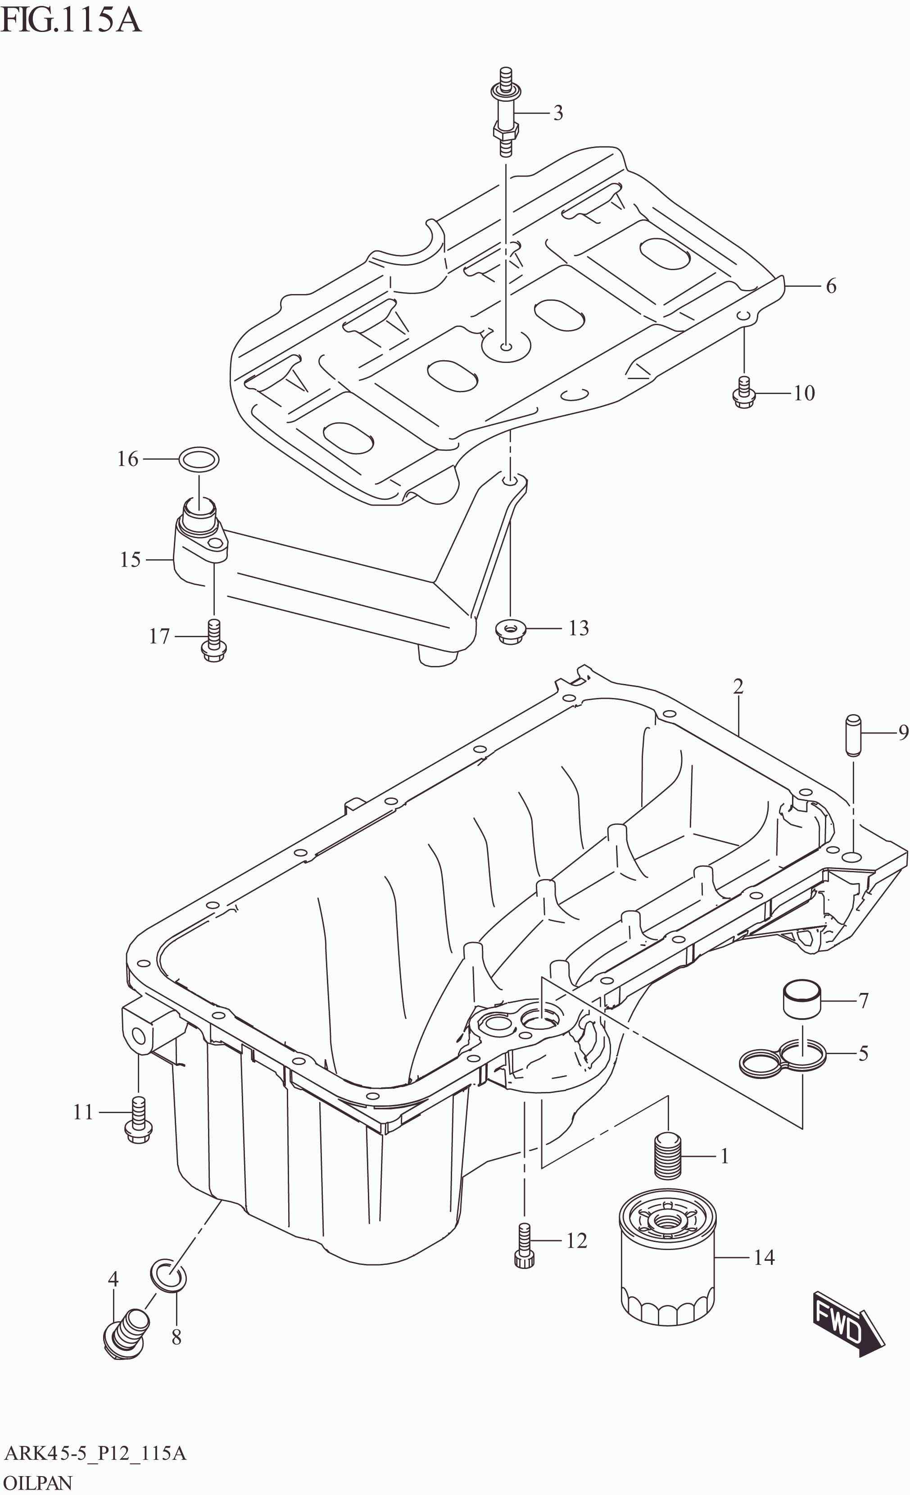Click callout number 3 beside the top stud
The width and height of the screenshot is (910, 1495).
click(x=557, y=113)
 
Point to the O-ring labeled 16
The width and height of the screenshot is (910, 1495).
click(x=199, y=459)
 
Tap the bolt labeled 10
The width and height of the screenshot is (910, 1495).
click(x=744, y=394)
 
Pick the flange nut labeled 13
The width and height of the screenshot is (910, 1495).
click(x=510, y=632)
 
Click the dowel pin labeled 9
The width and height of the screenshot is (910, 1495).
click(x=853, y=735)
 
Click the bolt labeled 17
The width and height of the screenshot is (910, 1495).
click(x=213, y=641)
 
